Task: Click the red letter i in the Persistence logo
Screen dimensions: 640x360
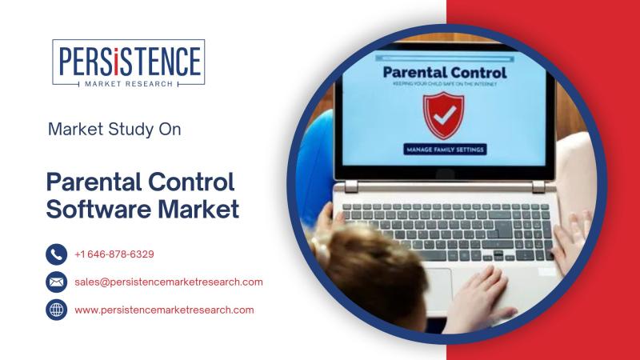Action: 116,62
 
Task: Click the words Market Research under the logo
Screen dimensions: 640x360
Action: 129,84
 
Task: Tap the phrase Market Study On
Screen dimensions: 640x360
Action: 114,130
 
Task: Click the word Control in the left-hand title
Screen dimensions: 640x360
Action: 191,182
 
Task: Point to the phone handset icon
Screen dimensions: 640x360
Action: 56,254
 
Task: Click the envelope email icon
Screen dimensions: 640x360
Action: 56,282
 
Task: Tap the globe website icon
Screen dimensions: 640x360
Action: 56,310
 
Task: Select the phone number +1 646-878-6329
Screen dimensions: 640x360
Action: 114,254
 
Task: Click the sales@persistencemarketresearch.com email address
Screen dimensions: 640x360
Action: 169,282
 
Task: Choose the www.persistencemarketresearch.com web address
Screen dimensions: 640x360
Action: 164,310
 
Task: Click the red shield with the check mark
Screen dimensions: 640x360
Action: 444,115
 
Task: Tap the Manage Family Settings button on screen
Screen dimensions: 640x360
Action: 445,150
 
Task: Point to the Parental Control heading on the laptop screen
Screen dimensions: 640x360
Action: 445,73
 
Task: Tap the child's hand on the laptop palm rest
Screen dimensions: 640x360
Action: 479,298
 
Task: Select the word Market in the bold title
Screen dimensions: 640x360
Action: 198,209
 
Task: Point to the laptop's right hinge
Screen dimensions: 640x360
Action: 538,187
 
